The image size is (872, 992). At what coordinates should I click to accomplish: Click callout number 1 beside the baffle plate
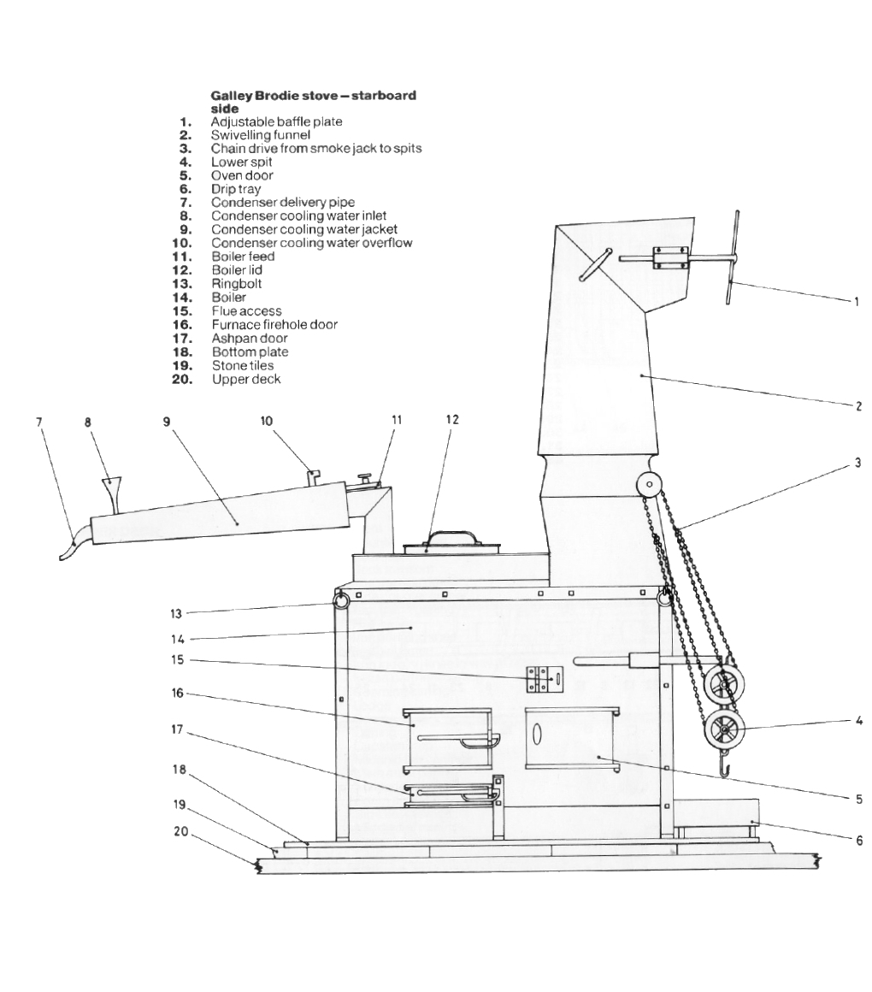coord(857,301)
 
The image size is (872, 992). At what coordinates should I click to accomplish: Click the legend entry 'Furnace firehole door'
coord(274,325)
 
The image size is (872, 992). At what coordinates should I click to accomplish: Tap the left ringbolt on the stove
coord(341,601)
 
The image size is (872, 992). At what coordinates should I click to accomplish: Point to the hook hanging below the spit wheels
coord(724,769)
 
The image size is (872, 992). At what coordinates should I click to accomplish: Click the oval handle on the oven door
coord(538,735)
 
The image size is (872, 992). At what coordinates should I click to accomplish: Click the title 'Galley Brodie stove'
coord(313,95)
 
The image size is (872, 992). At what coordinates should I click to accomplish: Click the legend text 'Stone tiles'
coord(243,365)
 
